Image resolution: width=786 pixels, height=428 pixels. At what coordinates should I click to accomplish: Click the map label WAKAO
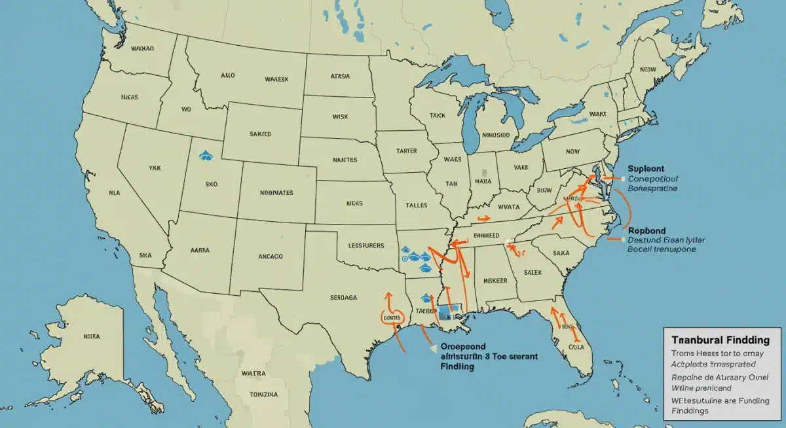[143, 48]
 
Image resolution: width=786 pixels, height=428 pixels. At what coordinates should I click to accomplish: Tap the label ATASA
[339, 76]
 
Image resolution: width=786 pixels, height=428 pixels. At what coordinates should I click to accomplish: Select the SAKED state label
[260, 134]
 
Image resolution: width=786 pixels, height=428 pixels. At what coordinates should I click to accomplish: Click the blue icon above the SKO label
[204, 155]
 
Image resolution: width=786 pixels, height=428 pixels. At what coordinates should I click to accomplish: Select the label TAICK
[438, 115]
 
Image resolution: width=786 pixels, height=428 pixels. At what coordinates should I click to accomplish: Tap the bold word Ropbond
[646, 230]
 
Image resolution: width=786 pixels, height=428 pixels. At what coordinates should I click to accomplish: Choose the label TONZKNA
[264, 395]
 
